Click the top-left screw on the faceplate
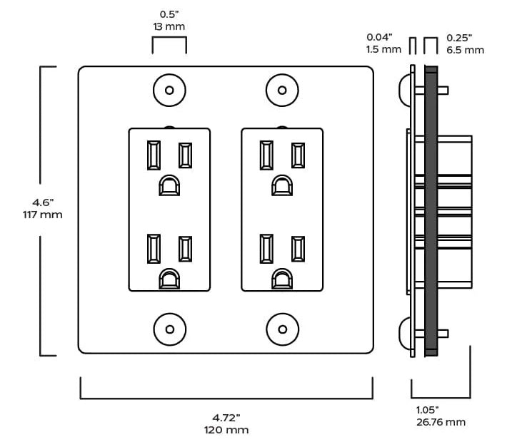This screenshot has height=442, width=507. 169,90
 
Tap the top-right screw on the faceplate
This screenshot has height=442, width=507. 282,90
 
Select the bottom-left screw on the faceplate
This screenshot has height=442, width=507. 170,329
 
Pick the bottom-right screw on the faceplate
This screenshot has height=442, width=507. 283,329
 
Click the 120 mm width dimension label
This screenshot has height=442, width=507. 226,430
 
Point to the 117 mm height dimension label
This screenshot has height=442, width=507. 42,215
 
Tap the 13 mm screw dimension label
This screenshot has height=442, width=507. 169,26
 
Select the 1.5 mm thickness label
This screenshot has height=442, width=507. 383,49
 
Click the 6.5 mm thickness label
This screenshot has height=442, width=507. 466,50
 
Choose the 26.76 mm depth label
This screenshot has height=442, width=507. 441,422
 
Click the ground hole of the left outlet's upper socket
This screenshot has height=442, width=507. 169,185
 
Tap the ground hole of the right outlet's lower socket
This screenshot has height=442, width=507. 282,279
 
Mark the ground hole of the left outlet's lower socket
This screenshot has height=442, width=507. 169,279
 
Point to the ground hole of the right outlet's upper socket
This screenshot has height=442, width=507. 282,185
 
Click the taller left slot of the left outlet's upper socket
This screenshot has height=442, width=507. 154,155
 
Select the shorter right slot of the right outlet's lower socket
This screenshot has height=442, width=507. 298,249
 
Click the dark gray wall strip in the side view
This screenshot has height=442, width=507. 431,211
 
